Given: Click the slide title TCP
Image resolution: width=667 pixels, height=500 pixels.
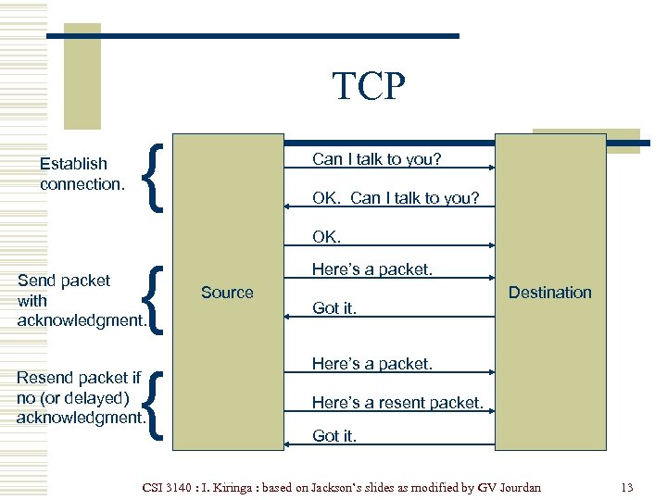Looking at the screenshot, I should click(369, 86).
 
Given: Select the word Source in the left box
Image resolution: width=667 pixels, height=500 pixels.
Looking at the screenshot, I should click(227, 293).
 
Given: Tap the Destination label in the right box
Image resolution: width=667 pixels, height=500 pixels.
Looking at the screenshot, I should click(549, 293).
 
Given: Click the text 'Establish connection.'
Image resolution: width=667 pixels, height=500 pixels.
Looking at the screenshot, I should click(82, 174).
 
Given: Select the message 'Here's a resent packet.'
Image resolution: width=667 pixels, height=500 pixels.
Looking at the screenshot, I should click(397, 403).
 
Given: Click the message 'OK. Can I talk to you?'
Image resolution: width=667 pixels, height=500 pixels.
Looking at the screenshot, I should click(396, 198).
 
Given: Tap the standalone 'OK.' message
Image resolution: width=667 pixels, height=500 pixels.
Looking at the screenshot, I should click(327, 237).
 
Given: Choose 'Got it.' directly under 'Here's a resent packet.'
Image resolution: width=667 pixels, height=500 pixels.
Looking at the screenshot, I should click(334, 436).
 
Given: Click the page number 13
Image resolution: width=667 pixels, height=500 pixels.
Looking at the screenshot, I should click(627, 487).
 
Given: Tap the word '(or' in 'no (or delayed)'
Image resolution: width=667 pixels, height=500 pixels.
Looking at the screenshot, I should click(54, 398).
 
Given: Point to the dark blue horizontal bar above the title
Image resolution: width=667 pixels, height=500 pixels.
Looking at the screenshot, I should click(253, 36).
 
